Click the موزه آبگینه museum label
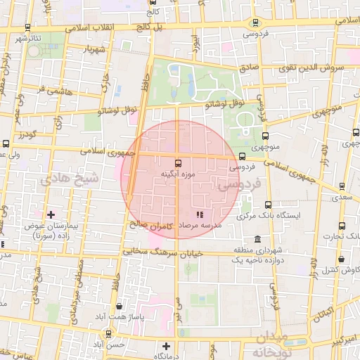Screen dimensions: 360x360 172,173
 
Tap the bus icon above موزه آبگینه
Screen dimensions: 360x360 177,162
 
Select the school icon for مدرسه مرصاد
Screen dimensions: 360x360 200,214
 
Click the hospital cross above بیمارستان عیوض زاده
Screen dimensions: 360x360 50,214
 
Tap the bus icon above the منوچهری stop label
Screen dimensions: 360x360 265,136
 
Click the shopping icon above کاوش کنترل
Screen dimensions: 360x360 335,258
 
